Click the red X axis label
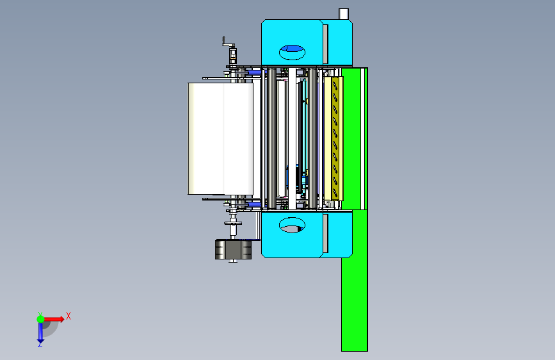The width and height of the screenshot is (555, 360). [68, 316]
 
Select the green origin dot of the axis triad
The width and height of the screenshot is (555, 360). [41, 319]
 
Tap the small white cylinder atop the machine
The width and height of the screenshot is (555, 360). [344, 14]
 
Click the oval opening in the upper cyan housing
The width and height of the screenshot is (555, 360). [292, 52]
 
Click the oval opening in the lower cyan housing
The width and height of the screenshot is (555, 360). [292, 225]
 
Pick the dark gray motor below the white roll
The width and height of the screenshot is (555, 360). [233, 249]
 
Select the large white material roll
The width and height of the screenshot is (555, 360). [220, 138]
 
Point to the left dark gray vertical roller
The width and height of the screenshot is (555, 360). [271, 138]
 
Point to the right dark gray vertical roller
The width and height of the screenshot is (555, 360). [312, 138]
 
